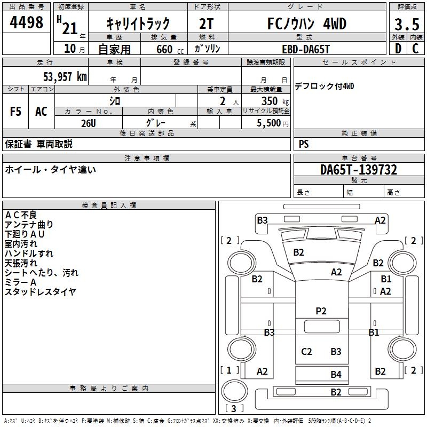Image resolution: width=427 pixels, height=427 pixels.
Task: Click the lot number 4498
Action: click(27, 22)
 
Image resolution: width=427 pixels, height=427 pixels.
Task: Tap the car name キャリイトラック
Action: click(138, 23)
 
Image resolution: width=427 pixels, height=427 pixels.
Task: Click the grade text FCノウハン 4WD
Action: click(306, 24)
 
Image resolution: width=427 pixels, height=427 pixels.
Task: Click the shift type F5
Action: click(16, 112)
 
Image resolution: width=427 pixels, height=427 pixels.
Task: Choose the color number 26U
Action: click(89, 122)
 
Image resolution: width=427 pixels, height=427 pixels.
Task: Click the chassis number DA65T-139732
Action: click(358, 170)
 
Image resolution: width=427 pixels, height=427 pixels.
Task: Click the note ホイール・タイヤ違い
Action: click(51, 170)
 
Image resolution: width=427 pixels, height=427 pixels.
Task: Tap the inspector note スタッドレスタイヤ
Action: click(41, 291)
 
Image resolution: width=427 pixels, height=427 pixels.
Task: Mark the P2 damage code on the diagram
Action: click(321, 311)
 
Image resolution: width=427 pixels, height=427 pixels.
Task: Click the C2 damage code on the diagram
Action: click(306, 351)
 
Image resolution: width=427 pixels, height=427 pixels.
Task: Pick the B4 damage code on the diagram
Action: click(336, 374)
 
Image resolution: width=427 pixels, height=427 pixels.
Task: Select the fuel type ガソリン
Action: click(208, 49)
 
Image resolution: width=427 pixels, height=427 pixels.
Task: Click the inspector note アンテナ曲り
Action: click(29, 224)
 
